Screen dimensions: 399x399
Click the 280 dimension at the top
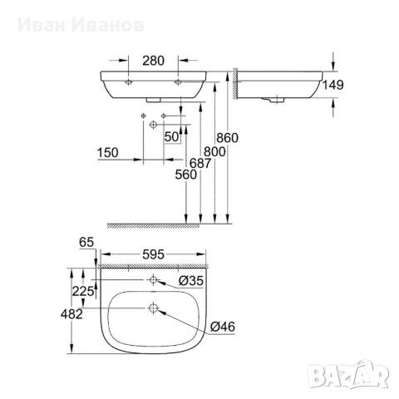153,60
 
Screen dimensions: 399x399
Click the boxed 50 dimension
173,135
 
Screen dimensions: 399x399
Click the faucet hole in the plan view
153,281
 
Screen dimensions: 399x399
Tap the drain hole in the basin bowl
153,310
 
